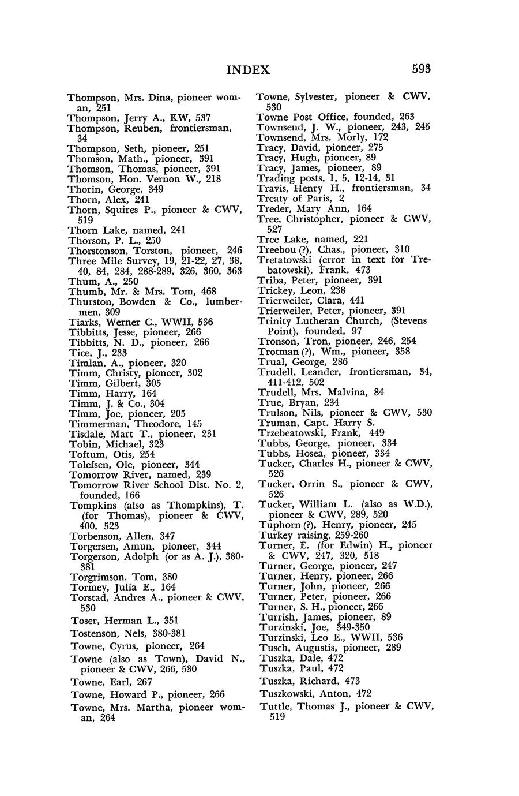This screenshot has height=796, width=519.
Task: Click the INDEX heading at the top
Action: pos(248,70)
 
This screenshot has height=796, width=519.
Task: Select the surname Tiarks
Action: pos(83,322)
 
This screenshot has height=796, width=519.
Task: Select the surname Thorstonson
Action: pos(100,251)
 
